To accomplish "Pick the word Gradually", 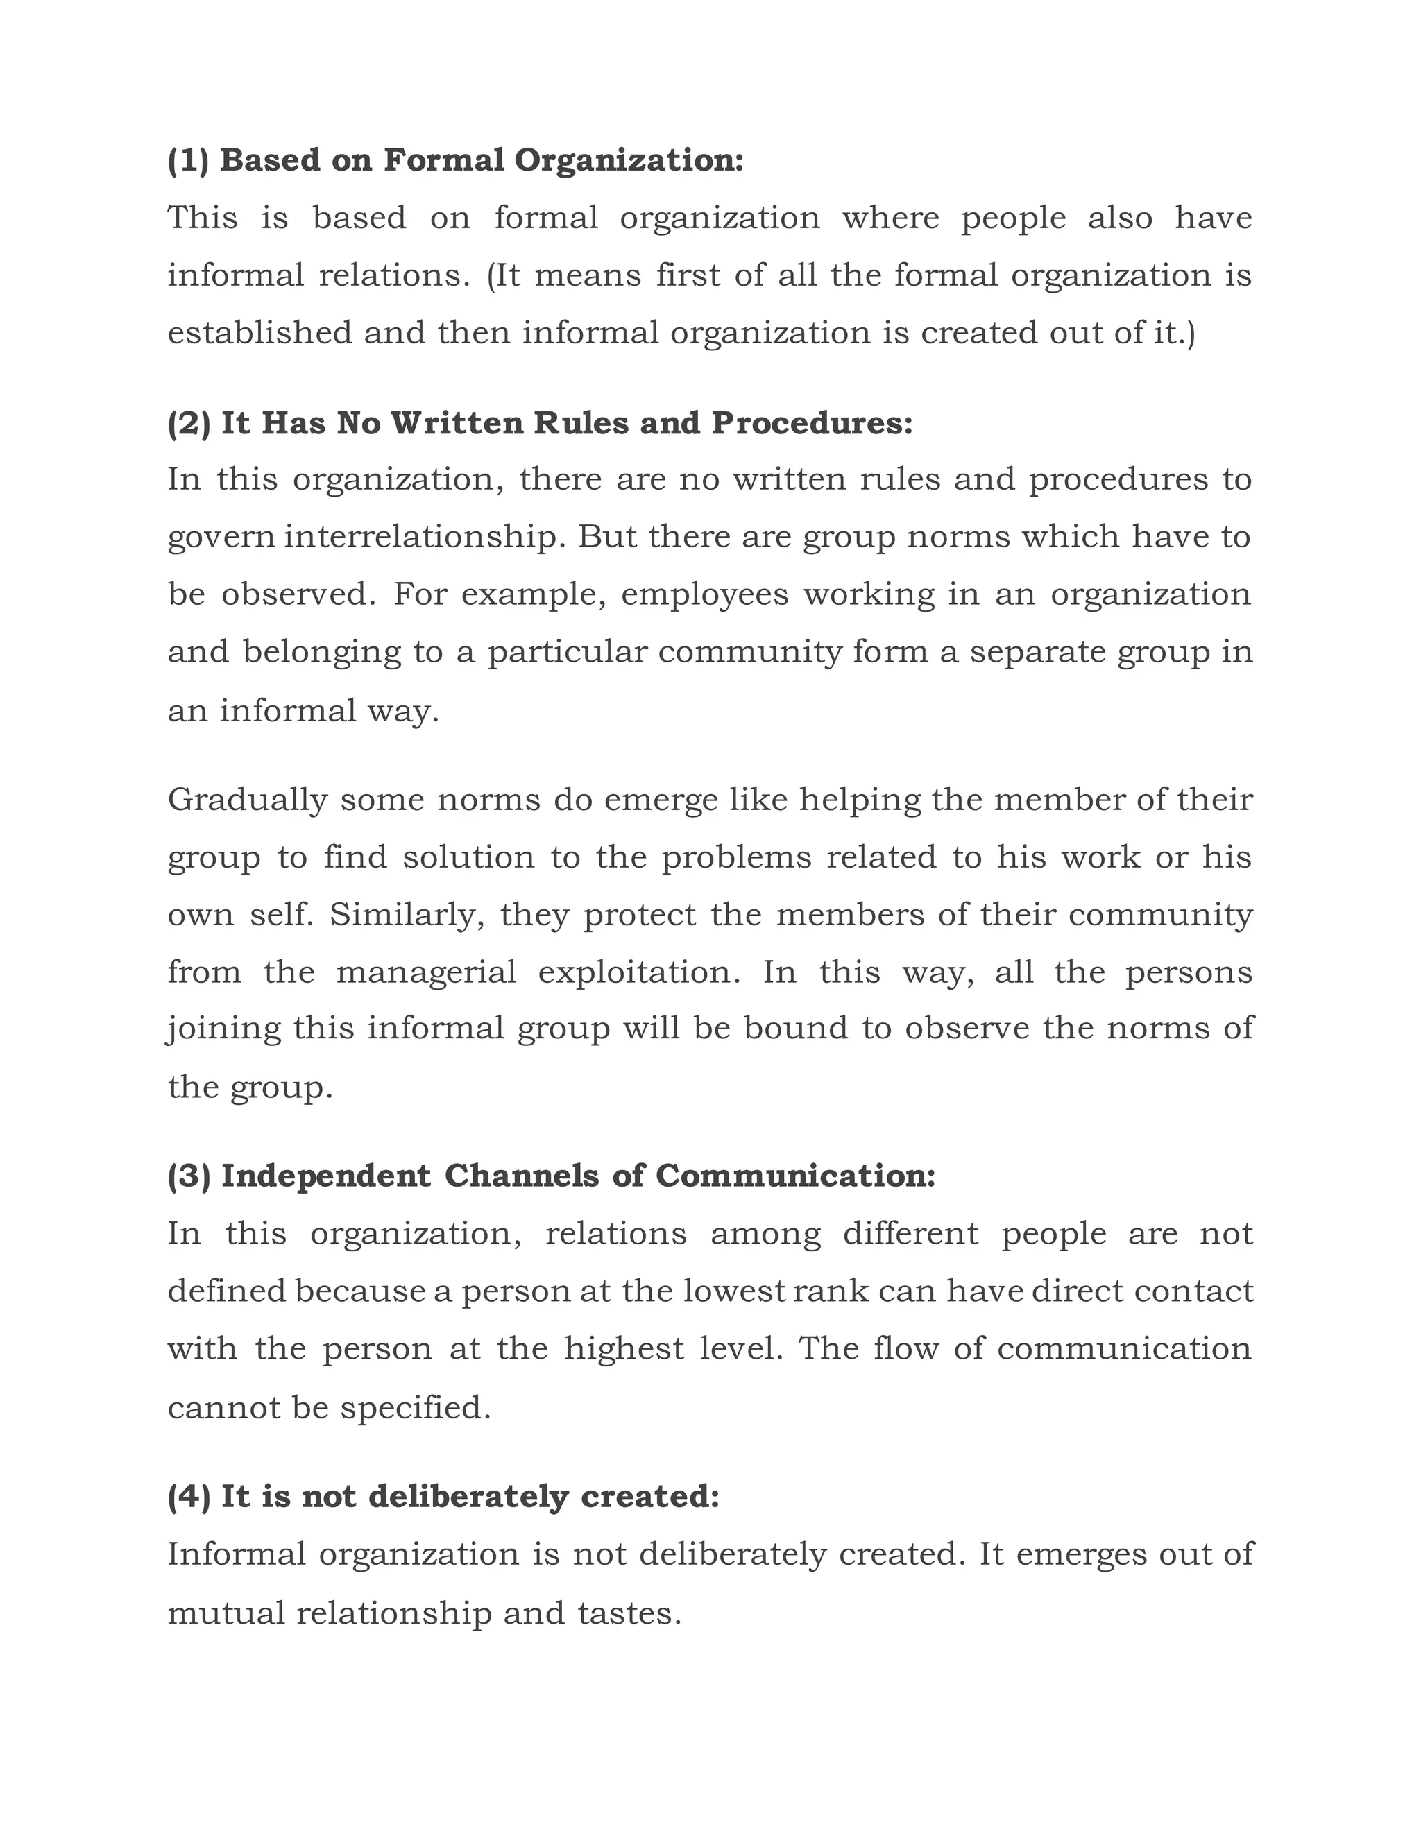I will (x=246, y=800).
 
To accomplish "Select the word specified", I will (x=414, y=1408).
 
